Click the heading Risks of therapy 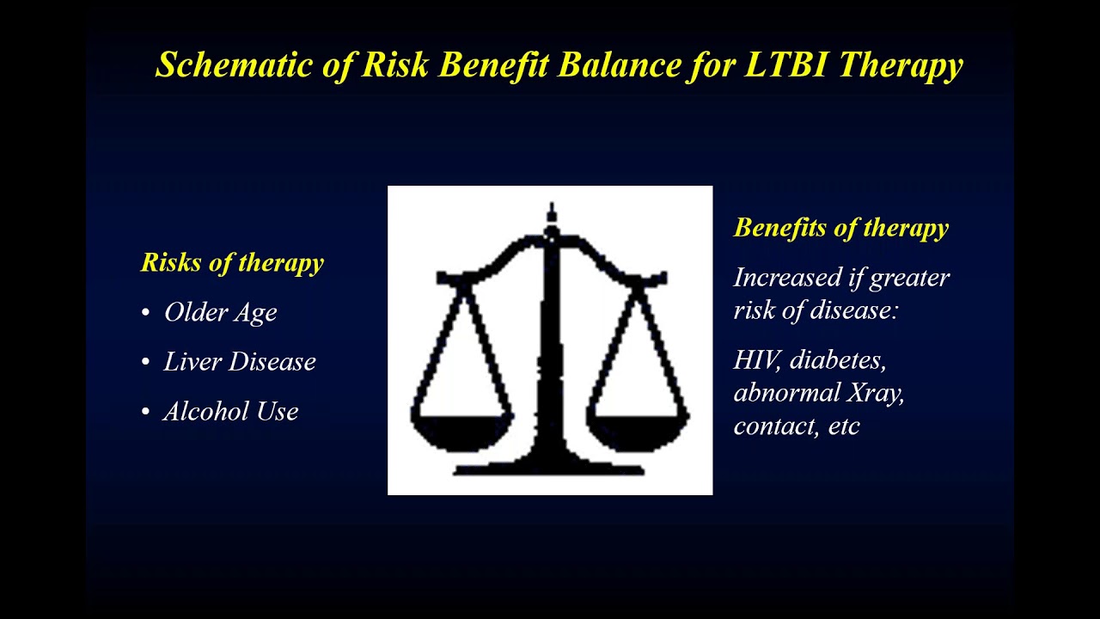(232, 262)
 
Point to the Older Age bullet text (221, 312)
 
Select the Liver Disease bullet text (240, 362)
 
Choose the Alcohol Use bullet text (231, 412)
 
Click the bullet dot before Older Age (145, 313)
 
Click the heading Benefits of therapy (840, 228)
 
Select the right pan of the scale (639, 430)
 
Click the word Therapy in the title (901, 65)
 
